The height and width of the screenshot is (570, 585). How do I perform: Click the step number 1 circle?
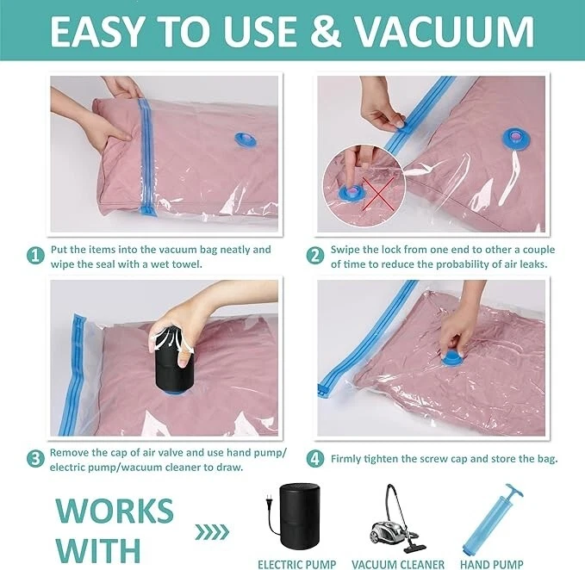pyautogui.click(x=36, y=256)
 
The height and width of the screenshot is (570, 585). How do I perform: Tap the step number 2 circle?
pyautogui.click(x=315, y=256)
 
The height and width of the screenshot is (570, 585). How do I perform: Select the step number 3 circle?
pyautogui.click(x=35, y=459)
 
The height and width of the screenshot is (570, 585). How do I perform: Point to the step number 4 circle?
pyautogui.click(x=315, y=459)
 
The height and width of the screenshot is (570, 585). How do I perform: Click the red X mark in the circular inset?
pyautogui.click(x=378, y=194)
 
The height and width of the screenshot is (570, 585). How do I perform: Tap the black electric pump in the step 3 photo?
pyautogui.click(x=172, y=361)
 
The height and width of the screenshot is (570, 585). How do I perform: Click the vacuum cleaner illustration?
pyautogui.click(x=398, y=518)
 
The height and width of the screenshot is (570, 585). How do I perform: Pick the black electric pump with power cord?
pyautogui.click(x=293, y=517)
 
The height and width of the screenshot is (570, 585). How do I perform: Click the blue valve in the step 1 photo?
pyautogui.click(x=246, y=139)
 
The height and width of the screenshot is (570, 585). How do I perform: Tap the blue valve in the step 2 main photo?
pyautogui.click(x=513, y=139)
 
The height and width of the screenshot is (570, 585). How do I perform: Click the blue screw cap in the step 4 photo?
pyautogui.click(x=452, y=359)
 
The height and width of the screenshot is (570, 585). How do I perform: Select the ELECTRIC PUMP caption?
pyautogui.click(x=296, y=565)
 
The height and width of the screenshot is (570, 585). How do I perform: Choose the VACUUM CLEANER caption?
pyautogui.click(x=398, y=565)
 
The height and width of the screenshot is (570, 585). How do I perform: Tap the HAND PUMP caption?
pyautogui.click(x=492, y=565)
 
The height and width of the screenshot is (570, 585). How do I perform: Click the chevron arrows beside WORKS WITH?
pyautogui.click(x=212, y=532)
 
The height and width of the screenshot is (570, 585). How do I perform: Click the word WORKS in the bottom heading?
pyautogui.click(x=115, y=511)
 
